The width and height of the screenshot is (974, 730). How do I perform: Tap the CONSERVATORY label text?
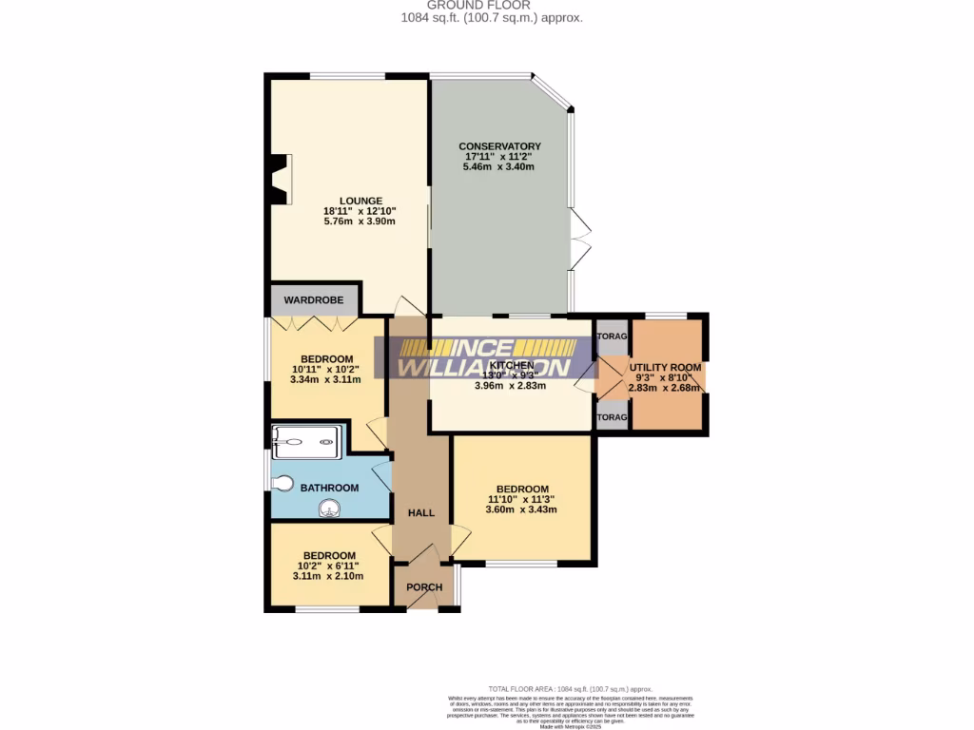[x=499, y=146]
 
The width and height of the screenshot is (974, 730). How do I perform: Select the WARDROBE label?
[x=313, y=300]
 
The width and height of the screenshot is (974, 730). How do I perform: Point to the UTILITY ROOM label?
[x=665, y=367]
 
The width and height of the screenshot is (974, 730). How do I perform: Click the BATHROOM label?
[x=329, y=488]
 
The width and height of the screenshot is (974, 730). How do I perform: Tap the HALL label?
[x=420, y=512]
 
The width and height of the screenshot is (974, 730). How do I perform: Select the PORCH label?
[x=424, y=586]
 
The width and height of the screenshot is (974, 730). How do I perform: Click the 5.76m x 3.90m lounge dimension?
[x=360, y=221]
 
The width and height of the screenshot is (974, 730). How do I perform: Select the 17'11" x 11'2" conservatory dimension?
[x=499, y=157]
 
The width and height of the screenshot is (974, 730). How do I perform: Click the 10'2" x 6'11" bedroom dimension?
[x=329, y=566]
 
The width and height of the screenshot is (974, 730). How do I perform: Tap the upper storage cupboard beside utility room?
[x=613, y=337]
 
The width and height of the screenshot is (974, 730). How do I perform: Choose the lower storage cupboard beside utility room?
[x=613, y=416]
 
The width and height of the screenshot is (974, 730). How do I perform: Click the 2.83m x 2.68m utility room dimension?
[x=665, y=387]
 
